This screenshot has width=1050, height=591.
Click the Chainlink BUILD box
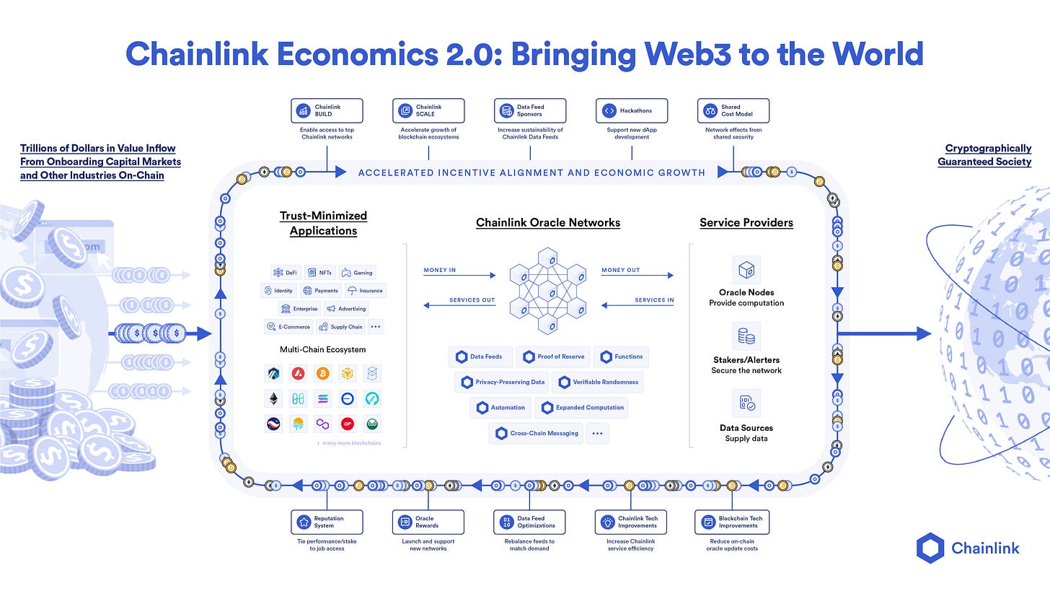click(x=327, y=111)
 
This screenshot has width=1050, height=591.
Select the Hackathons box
click(x=631, y=111)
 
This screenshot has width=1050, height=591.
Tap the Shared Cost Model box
click(x=733, y=111)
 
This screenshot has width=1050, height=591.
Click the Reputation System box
click(x=327, y=522)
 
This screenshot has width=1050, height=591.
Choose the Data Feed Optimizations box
click(x=529, y=522)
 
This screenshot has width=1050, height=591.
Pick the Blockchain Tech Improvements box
click(x=732, y=522)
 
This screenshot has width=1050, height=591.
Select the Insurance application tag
click(x=365, y=291)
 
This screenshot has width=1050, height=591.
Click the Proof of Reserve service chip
click(x=553, y=356)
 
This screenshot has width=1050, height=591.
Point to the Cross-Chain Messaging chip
click(x=536, y=433)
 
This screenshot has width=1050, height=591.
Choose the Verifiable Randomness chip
click(x=596, y=382)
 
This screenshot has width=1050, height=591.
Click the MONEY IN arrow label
click(x=439, y=271)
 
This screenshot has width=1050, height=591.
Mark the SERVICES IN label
click(x=654, y=300)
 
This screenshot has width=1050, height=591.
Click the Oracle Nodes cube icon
click(x=746, y=270)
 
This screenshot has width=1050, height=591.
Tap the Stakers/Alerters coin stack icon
click(x=746, y=336)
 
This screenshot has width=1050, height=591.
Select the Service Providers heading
click(x=746, y=223)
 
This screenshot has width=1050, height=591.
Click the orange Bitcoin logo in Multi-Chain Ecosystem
click(x=322, y=373)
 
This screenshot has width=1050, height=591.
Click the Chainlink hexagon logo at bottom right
click(x=930, y=548)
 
